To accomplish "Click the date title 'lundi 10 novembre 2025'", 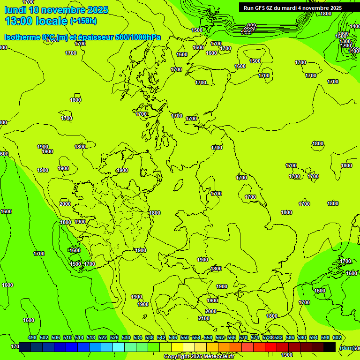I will pyautogui.click(x=56, y=10).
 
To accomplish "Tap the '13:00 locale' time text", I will pyautogui.click(x=36, y=21).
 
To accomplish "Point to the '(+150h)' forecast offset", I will pyautogui.click(x=83, y=21).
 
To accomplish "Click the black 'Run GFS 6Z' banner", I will pyautogui.click(x=292, y=8).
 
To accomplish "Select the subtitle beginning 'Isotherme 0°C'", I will pyautogui.click(x=82, y=37).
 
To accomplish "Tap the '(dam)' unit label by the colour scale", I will pyautogui.click(x=346, y=347).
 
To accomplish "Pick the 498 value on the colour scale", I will pyautogui.click(x=32, y=337).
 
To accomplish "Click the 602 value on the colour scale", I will pyautogui.click(x=337, y=337).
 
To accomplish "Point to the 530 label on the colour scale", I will pyautogui.click(x=126, y=337).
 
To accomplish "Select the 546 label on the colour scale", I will pyautogui.click(x=173, y=337).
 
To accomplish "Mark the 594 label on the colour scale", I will pyautogui.click(x=314, y=337).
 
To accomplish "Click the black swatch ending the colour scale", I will pyautogui.click(x=330, y=347).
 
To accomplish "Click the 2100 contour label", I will pyautogui.click(x=204, y=318).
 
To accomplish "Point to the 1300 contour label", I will pyautogui.click(x=345, y=41).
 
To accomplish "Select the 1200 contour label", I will pyautogui.click(x=345, y=46).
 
